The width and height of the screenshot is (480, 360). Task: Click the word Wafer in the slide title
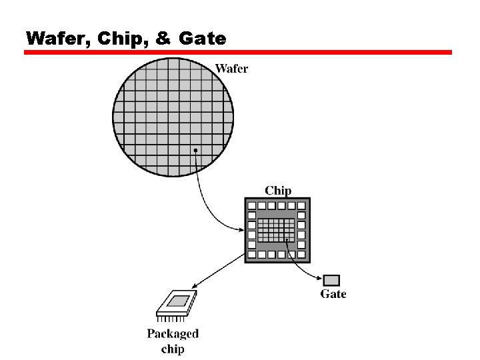(x=57, y=39)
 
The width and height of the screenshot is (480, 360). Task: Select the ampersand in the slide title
(x=163, y=39)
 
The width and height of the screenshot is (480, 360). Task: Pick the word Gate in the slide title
(x=202, y=39)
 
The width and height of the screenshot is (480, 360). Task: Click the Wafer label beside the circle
(x=231, y=69)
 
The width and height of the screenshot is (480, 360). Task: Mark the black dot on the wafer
(x=195, y=151)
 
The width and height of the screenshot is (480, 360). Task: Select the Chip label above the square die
(x=278, y=191)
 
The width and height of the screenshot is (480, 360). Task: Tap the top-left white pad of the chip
(x=251, y=205)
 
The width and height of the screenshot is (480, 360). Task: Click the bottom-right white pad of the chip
(x=302, y=255)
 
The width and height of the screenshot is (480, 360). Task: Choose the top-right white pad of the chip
(x=302, y=205)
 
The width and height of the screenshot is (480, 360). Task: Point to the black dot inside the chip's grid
(x=287, y=240)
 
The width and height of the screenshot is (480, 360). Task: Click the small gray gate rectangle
(x=332, y=280)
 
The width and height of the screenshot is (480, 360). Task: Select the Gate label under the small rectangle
(x=333, y=294)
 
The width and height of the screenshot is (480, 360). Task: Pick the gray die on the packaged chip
(x=177, y=301)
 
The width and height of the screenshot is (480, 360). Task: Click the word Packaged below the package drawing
(x=173, y=334)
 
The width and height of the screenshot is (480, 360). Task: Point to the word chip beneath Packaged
(x=173, y=349)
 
